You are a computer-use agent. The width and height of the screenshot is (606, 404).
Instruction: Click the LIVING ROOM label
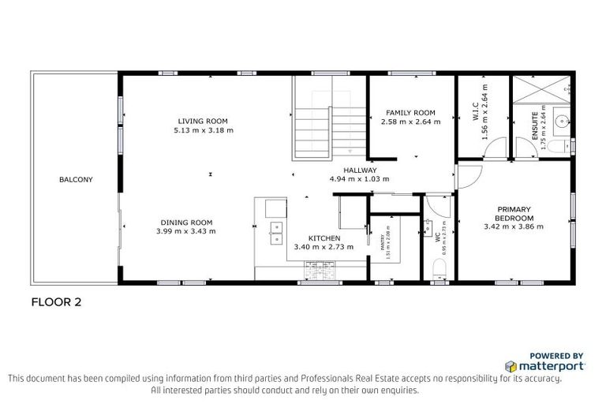click(204, 121)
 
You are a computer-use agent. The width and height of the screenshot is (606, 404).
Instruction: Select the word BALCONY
click(76, 179)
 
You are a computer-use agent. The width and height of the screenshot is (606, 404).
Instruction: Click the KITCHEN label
click(324, 238)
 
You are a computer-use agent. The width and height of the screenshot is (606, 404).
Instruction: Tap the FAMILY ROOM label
click(410, 113)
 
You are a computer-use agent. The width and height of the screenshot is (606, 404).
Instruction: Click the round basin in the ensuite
click(561, 122)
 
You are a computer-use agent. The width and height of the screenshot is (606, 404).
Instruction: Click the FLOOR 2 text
click(56, 301)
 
